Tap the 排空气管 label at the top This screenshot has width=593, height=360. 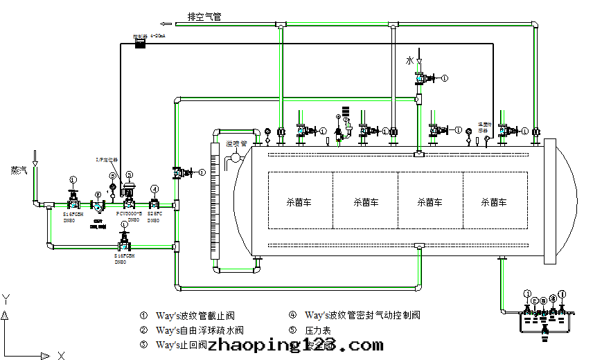(204, 17)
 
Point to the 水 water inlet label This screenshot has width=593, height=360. (410, 62)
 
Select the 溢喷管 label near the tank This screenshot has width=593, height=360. (237, 144)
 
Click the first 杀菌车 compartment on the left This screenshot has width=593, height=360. (300, 203)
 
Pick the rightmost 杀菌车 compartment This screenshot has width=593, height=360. (494, 203)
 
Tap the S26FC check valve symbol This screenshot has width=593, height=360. (154, 204)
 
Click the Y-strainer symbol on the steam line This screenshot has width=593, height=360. (99, 206)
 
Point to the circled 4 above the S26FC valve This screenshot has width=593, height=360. (154, 189)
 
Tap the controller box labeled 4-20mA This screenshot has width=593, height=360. (141, 44)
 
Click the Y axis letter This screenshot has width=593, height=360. (6, 299)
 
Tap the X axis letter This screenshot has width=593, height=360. (61, 356)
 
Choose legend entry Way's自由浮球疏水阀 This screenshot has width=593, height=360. (200, 330)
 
